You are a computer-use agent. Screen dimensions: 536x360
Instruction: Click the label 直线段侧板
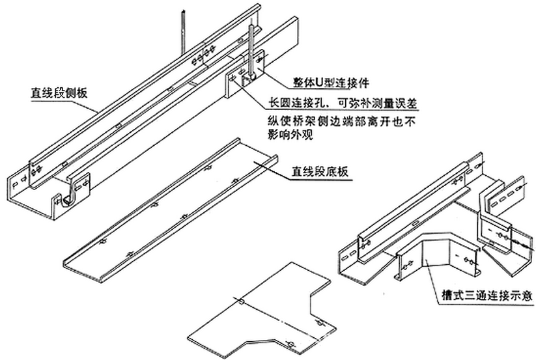coord(59,92)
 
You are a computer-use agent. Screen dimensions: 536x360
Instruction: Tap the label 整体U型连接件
coord(331,82)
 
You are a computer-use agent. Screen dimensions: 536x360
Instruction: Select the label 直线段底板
coord(320,171)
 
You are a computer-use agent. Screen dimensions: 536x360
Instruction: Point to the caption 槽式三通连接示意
coord(487,296)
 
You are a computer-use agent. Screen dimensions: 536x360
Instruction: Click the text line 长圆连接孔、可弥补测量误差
coord(343,103)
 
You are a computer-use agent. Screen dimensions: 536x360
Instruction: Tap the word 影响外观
coord(290,135)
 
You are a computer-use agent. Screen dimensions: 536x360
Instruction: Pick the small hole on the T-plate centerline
coord(241,301)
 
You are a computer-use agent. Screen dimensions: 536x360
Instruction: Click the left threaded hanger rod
coord(183,32)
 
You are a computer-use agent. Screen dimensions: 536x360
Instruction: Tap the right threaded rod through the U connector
coord(252,51)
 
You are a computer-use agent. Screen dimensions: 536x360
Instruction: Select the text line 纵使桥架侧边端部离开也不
coord(341,121)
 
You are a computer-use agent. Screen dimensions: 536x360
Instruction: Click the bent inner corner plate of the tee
coord(438,253)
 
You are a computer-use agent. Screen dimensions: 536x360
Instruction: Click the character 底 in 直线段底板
coord(331,171)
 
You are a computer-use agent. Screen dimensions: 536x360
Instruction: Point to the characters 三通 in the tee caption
coord(475,296)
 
